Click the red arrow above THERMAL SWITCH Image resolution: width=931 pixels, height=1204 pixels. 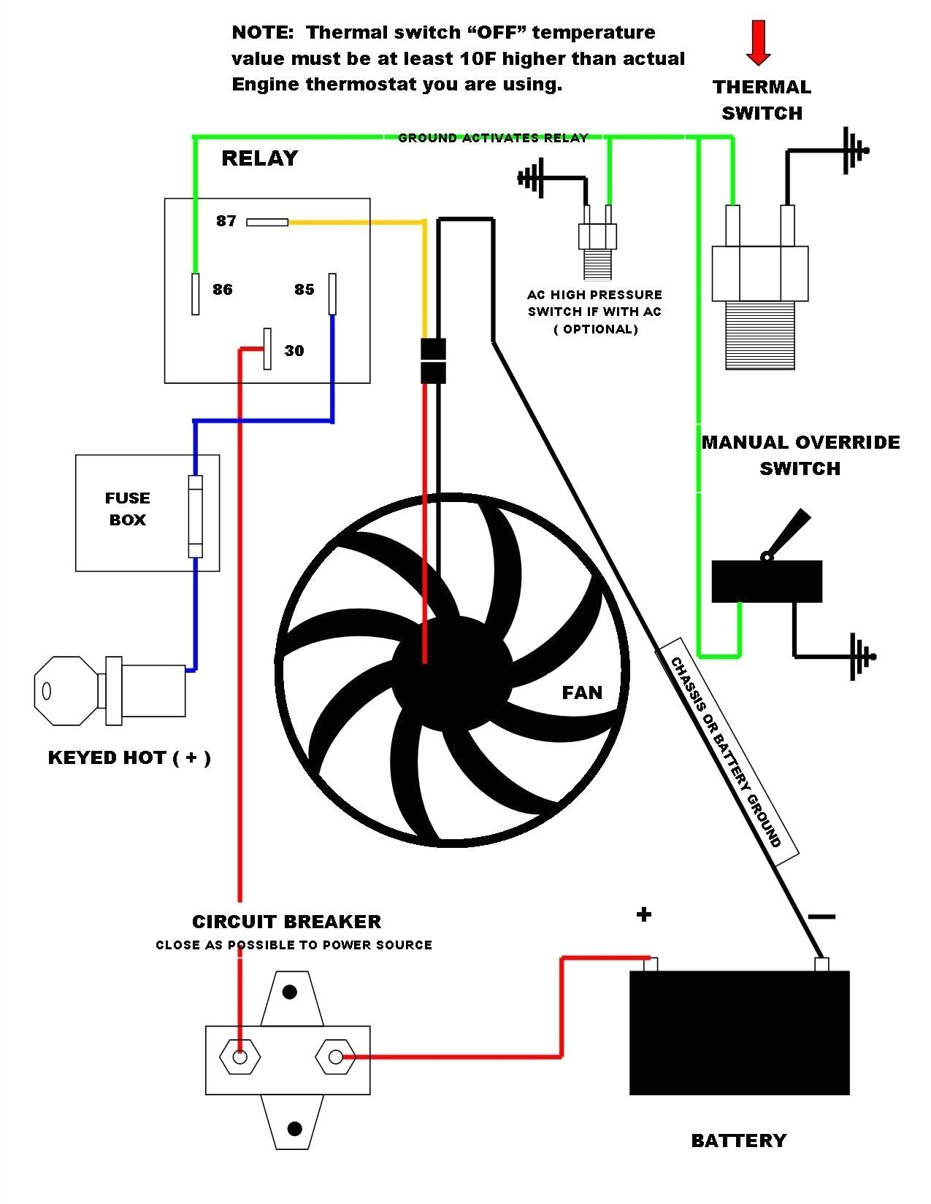(759, 42)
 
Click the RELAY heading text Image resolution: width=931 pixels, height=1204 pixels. (259, 158)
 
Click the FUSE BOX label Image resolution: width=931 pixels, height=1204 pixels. (128, 509)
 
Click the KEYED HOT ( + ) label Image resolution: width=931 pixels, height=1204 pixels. (129, 757)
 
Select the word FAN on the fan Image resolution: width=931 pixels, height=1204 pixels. (582, 692)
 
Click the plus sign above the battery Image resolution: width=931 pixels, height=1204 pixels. (643, 914)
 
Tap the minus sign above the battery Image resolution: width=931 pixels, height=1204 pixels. (821, 916)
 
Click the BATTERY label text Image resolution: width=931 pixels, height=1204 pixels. (738, 1141)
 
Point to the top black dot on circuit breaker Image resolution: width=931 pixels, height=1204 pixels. (290, 992)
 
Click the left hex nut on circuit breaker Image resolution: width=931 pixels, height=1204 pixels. (240, 1057)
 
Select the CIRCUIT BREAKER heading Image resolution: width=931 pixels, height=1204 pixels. (286, 922)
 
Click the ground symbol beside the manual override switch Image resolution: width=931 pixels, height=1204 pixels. (859, 656)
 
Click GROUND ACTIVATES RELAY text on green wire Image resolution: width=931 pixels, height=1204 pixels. (493, 138)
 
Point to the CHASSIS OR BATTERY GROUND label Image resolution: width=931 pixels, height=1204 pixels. (726, 752)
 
